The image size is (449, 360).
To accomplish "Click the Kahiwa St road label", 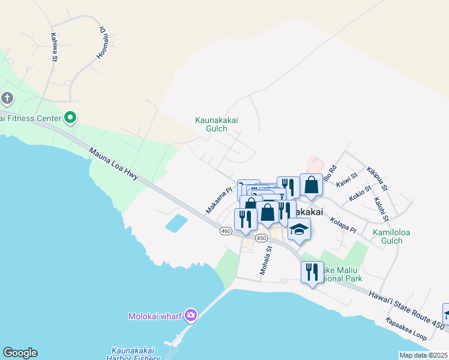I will click(53, 47).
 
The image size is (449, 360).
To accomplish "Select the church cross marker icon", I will click(7, 98).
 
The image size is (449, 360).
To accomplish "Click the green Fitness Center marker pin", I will click(70, 118).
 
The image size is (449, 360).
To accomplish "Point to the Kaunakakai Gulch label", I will click(216, 124).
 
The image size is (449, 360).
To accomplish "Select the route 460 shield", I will click(226, 231).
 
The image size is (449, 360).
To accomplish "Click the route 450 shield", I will click(261, 238).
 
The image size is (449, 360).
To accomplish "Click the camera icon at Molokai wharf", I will click(191, 315).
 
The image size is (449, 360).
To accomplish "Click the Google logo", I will click(20, 353).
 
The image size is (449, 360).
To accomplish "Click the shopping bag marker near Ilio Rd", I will click(311, 186).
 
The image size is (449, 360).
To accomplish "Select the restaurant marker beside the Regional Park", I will click(312, 273).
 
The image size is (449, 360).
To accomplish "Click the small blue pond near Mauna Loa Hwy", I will click(175, 224).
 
